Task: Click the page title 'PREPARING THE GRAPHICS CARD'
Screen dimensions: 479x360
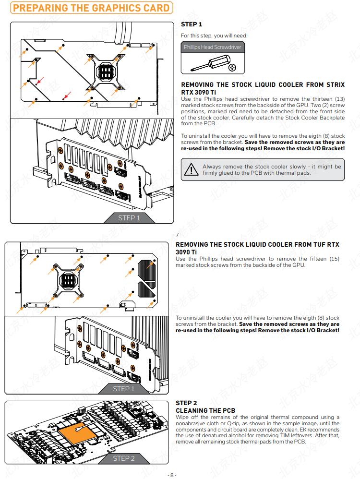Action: (x=91, y=8)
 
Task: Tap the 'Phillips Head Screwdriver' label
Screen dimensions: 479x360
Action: (x=212, y=47)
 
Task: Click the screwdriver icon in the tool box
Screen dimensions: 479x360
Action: (x=211, y=62)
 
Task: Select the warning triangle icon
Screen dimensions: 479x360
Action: (x=192, y=169)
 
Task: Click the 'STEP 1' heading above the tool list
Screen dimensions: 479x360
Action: (x=192, y=24)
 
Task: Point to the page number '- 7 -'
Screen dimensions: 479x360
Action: (x=177, y=235)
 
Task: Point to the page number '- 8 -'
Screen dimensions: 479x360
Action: (x=172, y=475)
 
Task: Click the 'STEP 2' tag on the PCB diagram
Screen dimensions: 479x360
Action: (x=123, y=458)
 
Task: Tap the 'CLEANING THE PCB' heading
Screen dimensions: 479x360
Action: (x=205, y=410)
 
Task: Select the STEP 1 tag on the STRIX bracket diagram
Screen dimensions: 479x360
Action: (x=129, y=218)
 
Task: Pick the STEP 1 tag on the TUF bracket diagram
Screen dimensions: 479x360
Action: (x=123, y=389)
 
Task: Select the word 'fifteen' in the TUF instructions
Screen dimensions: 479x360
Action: (x=316, y=259)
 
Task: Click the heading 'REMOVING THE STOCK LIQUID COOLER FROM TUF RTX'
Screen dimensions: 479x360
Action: (x=257, y=245)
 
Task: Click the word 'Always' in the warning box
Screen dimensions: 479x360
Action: (x=212, y=167)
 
